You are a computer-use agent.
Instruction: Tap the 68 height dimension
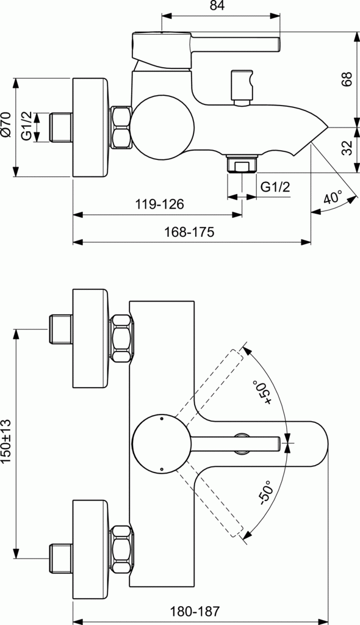347,79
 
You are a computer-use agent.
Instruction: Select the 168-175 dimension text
193,233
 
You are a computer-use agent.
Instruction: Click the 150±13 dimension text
6,442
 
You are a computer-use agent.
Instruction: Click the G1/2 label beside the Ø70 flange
27,126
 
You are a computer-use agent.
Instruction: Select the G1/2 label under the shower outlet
275,187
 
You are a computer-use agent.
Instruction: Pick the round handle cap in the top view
162,444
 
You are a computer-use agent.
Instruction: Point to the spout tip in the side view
323,129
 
